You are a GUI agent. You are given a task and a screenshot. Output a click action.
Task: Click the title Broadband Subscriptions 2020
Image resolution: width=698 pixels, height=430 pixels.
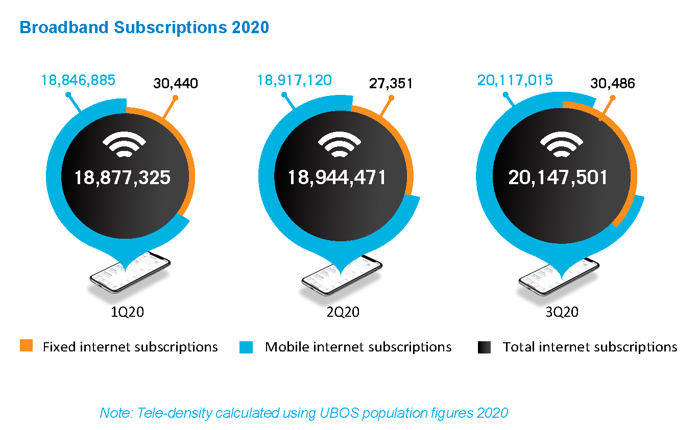click(144, 27)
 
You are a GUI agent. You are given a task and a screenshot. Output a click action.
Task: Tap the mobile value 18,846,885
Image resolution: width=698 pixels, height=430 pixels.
click(78, 80)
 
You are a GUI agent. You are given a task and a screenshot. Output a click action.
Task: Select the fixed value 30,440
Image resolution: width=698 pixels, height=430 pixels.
click(176, 83)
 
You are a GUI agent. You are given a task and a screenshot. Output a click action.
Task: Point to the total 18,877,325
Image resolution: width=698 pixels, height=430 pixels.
click(122, 178)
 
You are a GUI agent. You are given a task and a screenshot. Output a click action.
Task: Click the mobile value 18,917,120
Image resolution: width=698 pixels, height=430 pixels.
click(294, 80)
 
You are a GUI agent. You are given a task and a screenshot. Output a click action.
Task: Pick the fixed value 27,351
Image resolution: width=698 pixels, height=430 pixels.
click(391, 83)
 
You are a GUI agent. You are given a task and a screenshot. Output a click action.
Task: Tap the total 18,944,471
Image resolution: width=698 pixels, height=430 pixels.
click(337, 178)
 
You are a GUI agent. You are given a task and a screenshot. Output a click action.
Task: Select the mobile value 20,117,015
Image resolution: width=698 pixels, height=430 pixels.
click(515, 80)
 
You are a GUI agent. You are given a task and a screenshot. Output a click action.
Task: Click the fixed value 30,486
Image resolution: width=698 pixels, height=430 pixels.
click(612, 83)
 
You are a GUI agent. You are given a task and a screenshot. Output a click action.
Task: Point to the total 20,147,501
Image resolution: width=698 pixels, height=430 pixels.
click(558, 178)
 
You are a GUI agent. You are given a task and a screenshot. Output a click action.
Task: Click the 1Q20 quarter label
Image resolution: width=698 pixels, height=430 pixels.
click(128, 312)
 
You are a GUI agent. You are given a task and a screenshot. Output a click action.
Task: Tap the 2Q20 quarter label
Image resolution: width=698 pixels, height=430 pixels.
click(343, 312)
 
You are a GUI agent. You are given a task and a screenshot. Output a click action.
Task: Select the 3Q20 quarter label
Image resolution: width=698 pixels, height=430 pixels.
click(562, 312)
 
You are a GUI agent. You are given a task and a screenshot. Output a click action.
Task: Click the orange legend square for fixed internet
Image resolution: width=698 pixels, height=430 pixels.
click(27, 346)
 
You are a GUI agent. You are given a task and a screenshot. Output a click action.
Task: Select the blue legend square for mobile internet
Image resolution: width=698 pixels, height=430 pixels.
click(246, 347)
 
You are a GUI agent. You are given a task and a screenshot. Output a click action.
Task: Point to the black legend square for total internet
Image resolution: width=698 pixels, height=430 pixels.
click(484, 347)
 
